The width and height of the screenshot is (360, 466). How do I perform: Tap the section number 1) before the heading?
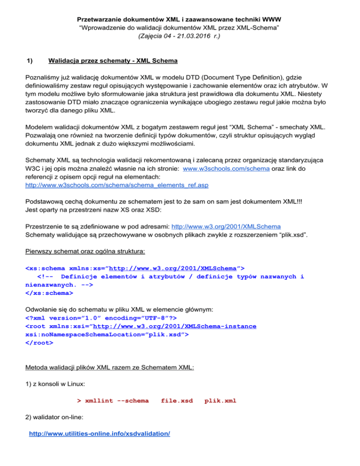pos(29,61)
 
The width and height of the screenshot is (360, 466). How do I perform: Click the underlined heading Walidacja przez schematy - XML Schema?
pos(112,61)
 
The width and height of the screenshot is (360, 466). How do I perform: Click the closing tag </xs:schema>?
pos(49,293)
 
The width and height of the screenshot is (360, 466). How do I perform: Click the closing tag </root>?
pos(39,343)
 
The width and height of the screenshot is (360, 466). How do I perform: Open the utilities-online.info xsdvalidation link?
pos(99,434)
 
